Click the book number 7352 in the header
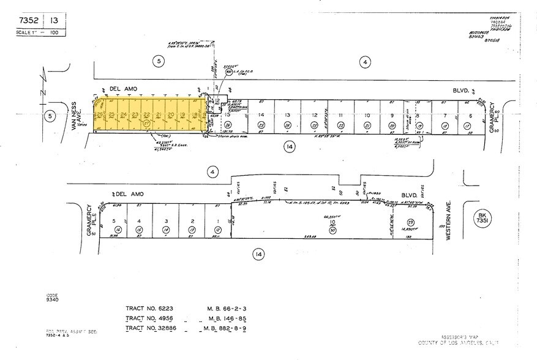(x=26, y=20)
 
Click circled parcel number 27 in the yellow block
(x=146, y=123)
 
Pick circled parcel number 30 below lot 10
(x=331, y=230)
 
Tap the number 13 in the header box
(x=54, y=20)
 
